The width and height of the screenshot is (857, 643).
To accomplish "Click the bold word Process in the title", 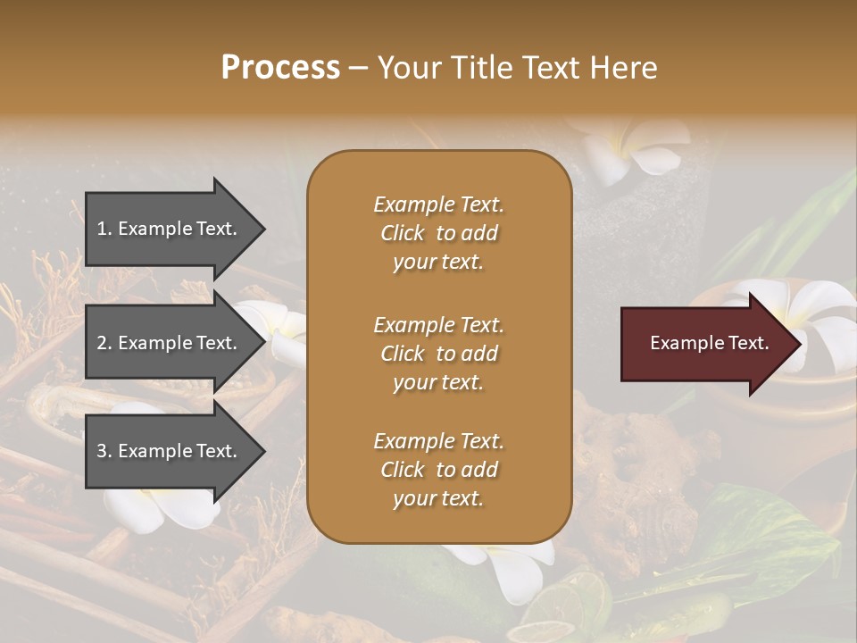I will (280, 68).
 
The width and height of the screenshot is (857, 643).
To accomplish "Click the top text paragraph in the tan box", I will (438, 233).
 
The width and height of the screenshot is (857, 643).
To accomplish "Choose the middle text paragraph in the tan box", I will (438, 354).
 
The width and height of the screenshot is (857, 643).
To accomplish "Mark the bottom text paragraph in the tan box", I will (438, 470).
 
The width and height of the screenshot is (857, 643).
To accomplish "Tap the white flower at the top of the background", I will (636, 147).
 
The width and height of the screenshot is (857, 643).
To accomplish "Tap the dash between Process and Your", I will (359, 69).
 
